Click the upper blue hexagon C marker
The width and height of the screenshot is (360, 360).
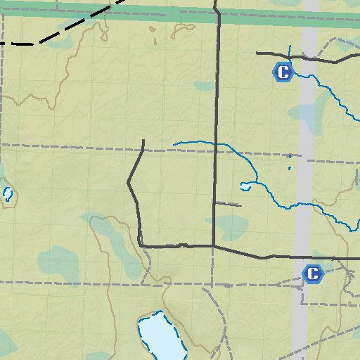coord(282,72)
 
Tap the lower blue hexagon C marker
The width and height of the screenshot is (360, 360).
coord(312,274)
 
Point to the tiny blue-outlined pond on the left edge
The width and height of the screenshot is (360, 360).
coord(8,193)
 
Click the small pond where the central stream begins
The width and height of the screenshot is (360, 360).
coord(245,187)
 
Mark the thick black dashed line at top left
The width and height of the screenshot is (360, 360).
coord(63,32)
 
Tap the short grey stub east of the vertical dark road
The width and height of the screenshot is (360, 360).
coord(228,205)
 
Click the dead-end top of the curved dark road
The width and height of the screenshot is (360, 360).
coord(143,141)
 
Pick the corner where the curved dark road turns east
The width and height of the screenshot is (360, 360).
coord(142,245)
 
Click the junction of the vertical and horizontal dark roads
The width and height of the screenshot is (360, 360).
coord(214,246)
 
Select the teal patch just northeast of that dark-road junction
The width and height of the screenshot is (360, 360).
coord(231,226)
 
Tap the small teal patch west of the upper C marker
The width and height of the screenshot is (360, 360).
coord(205,86)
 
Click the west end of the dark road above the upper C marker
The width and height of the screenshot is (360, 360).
coord(257,53)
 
